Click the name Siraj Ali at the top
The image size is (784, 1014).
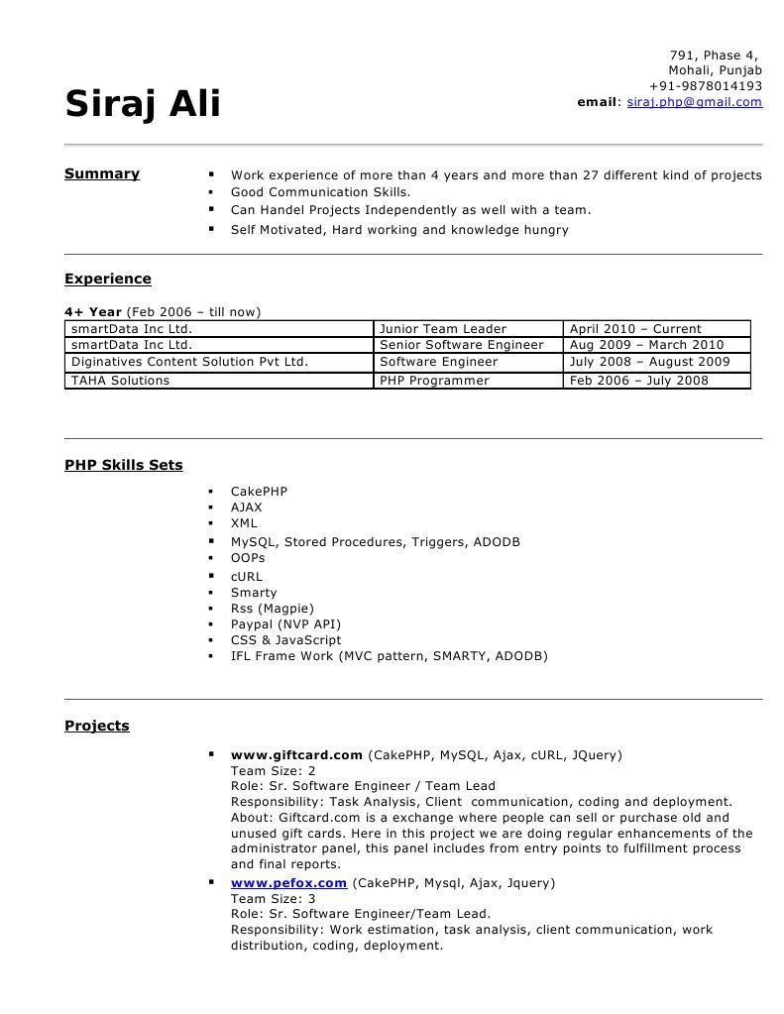(x=143, y=104)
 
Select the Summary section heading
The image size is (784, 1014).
(x=102, y=174)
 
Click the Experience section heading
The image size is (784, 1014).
(x=108, y=280)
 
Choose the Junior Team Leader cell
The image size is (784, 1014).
(x=443, y=329)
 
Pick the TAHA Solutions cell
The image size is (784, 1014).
(x=120, y=381)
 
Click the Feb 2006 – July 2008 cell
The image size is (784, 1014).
(x=639, y=381)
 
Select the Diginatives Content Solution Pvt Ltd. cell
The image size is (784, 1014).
(x=189, y=363)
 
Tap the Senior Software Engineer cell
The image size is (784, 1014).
(x=462, y=346)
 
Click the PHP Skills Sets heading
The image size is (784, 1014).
(x=124, y=465)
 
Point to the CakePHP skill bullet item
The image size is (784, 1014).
(x=259, y=492)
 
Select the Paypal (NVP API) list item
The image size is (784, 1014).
(x=285, y=624)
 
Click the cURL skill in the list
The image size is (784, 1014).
(x=247, y=577)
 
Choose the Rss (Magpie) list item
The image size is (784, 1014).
(x=273, y=609)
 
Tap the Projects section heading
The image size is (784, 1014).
(x=97, y=726)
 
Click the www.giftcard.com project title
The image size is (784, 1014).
(x=296, y=755)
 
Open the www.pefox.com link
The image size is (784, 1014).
(x=288, y=883)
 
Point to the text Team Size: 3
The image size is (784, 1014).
(x=274, y=899)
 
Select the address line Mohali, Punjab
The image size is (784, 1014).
(x=715, y=70)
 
